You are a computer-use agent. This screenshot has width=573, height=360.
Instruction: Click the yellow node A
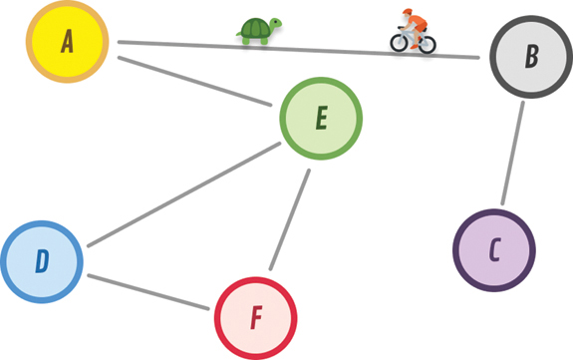[67, 41]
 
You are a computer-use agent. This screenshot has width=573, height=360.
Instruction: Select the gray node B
[531, 57]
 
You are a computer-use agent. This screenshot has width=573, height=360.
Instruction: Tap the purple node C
[494, 250]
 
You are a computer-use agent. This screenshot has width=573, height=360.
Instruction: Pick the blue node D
[42, 261]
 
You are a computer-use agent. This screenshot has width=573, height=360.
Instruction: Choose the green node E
[321, 118]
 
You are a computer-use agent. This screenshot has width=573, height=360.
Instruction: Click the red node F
[255, 318]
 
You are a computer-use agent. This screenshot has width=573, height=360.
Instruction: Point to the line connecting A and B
[298, 50]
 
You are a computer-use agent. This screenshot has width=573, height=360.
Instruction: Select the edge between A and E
[194, 81]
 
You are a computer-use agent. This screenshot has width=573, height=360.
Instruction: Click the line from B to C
[512, 153]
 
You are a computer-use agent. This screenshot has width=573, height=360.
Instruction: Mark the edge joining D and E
[183, 194]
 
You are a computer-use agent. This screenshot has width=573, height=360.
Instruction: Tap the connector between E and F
[290, 219]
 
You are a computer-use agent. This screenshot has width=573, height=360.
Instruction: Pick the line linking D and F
[148, 292]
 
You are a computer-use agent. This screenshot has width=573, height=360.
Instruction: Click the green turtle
[259, 31]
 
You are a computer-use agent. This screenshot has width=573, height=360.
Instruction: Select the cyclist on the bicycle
[413, 31]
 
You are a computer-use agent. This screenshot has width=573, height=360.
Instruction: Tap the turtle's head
[275, 23]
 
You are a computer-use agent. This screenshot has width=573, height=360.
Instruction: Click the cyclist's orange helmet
[407, 12]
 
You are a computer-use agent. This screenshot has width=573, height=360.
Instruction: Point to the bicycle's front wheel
[399, 43]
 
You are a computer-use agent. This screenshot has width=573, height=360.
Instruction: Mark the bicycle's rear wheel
[427, 44]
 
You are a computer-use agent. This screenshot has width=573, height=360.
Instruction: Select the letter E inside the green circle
[322, 118]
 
